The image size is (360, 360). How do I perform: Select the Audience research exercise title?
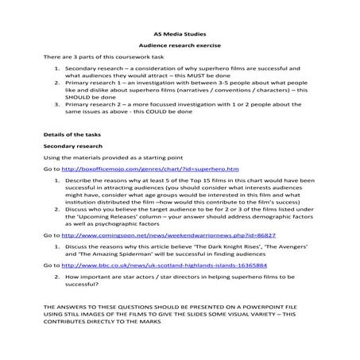tap(179, 47)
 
